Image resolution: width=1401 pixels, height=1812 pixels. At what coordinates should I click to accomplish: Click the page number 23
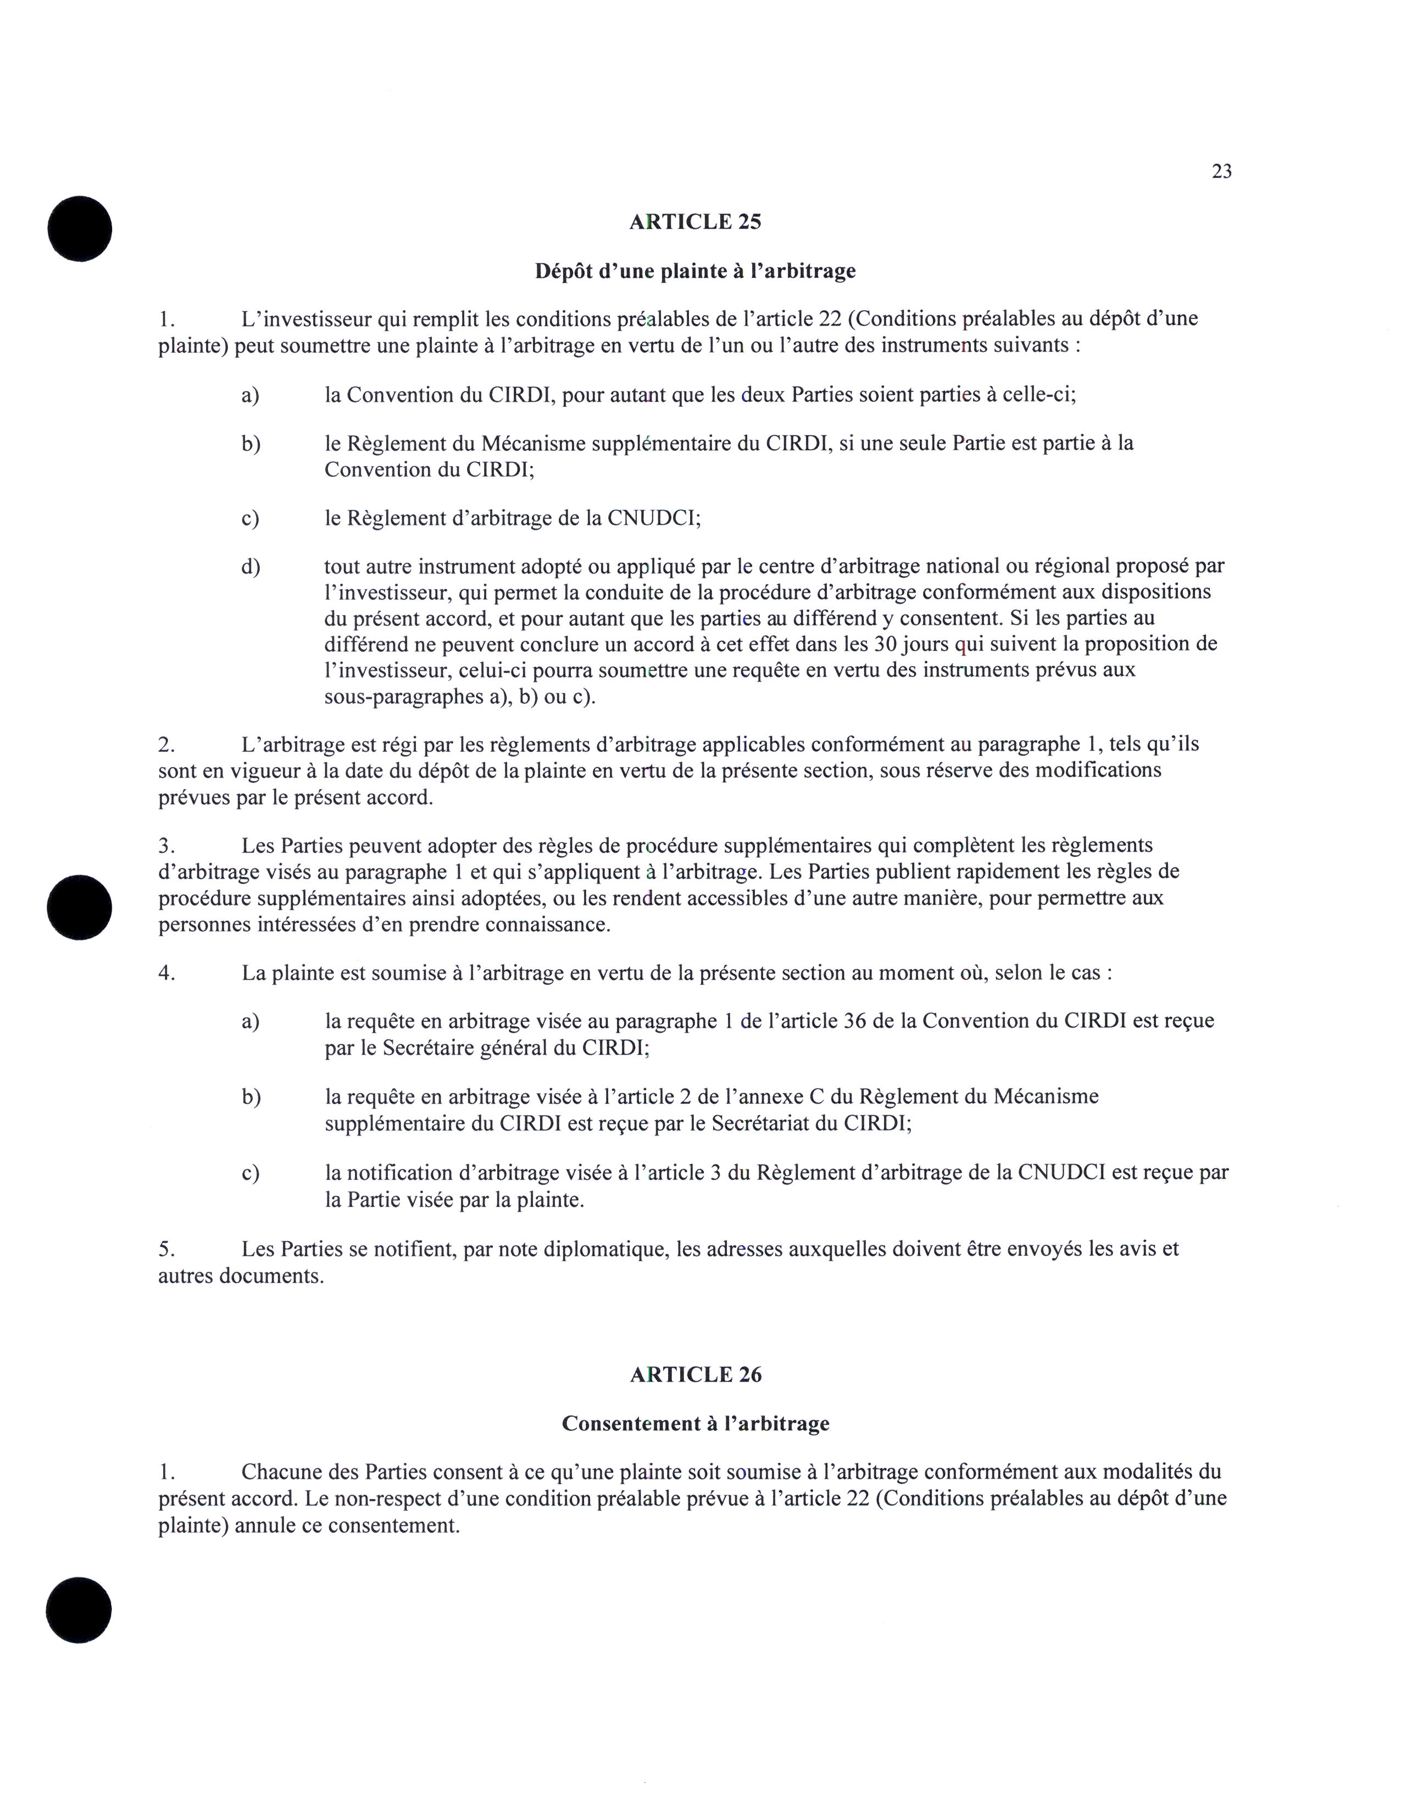click(x=1221, y=172)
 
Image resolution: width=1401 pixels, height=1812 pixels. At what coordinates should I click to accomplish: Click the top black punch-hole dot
click(x=80, y=228)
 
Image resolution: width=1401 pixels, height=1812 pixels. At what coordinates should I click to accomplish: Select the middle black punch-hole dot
click(x=80, y=907)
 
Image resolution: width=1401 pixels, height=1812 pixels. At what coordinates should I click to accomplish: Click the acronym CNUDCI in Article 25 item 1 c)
click(x=653, y=518)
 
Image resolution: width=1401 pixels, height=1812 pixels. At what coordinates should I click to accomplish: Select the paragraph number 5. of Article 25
click(x=166, y=1249)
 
